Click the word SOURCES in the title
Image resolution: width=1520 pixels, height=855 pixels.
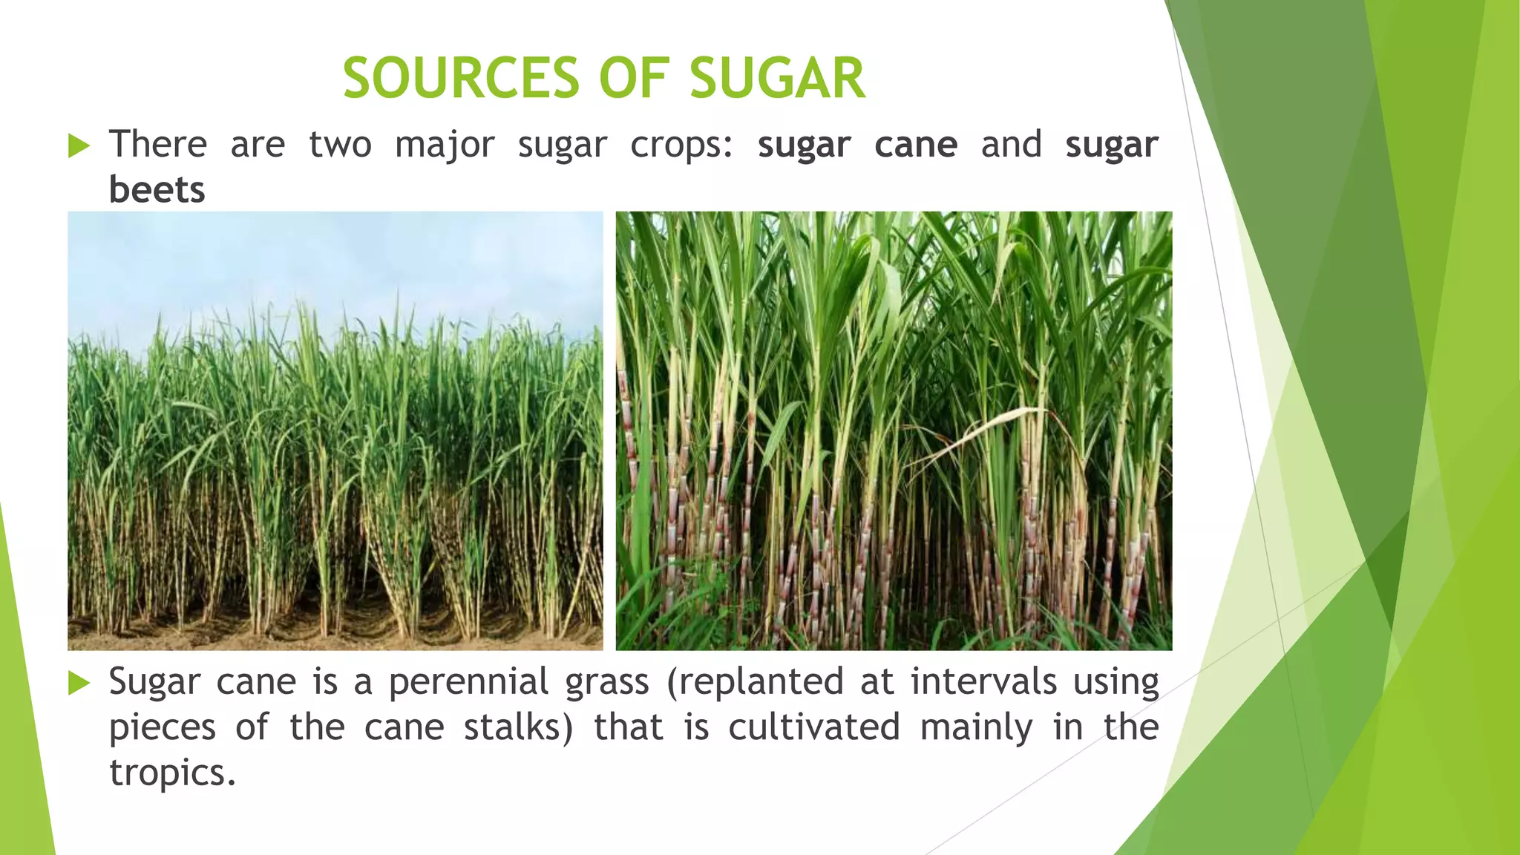(x=460, y=78)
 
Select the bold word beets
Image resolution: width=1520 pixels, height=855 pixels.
(x=157, y=190)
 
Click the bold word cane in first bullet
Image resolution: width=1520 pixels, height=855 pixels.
(x=915, y=145)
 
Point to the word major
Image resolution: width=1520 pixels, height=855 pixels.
(x=444, y=145)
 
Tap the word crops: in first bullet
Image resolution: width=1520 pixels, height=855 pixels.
(x=681, y=145)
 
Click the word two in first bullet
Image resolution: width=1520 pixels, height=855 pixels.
(x=340, y=145)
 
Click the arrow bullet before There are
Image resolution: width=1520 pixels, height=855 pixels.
(x=79, y=145)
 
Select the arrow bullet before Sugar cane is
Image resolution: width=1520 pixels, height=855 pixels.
(x=79, y=683)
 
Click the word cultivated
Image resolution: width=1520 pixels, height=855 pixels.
(x=813, y=727)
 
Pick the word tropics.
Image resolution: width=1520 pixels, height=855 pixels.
(x=171, y=773)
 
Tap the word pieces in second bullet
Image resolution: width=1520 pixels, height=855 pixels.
(x=162, y=727)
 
